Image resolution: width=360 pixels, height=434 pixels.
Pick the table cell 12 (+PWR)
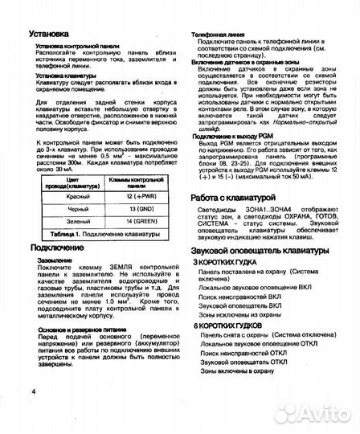click(x=124, y=195)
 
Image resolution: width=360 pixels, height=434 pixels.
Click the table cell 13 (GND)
click(x=124, y=207)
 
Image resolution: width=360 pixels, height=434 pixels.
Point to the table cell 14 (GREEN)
click(x=124, y=220)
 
